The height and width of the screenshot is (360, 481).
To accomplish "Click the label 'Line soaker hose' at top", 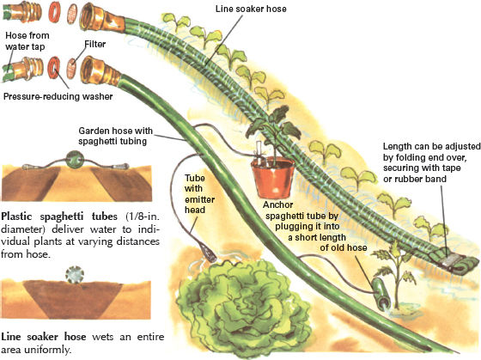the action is point(251,9).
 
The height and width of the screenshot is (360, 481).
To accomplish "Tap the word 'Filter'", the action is point(95,44).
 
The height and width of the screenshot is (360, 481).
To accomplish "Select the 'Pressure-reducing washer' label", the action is point(58,96).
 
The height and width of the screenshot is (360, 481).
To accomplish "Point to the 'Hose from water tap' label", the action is point(27,41).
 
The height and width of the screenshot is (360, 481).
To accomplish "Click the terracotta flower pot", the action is point(272,177).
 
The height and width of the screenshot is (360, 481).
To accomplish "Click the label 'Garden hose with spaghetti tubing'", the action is point(115,136).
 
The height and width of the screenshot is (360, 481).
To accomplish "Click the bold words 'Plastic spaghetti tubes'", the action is point(59,217).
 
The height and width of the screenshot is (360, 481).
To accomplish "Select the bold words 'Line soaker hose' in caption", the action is point(44,337).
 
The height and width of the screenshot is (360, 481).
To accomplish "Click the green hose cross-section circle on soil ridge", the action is point(75,160).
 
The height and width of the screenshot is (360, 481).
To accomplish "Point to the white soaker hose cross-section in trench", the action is point(75,275).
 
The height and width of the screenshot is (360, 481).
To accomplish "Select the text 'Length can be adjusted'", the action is point(431,146).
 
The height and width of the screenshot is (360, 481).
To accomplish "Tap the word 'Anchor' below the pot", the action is point(278,204).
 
